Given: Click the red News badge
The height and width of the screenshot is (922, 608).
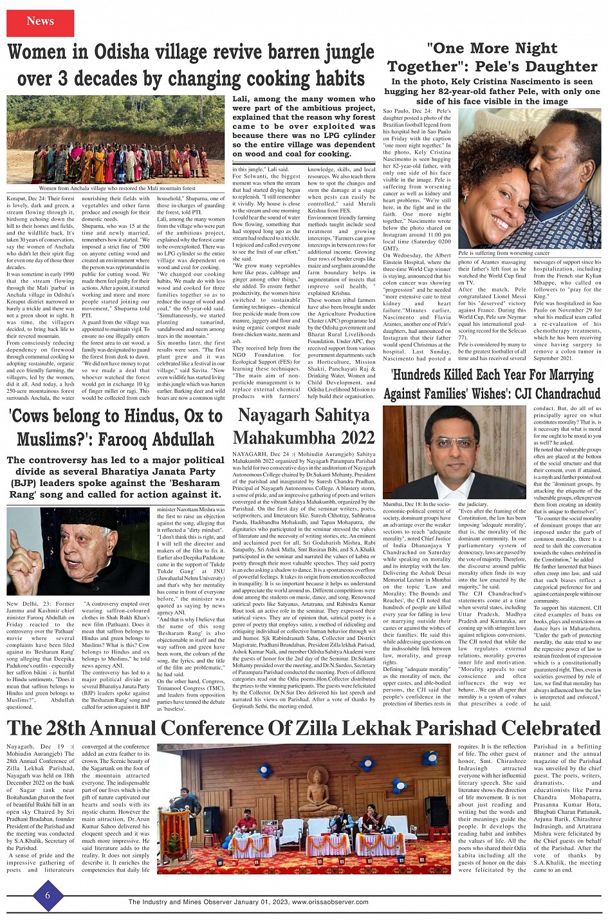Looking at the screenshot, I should [40, 22].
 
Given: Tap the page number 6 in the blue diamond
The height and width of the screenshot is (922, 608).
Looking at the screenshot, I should [47, 896].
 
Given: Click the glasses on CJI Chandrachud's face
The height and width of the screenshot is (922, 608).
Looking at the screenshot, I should [453, 444].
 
